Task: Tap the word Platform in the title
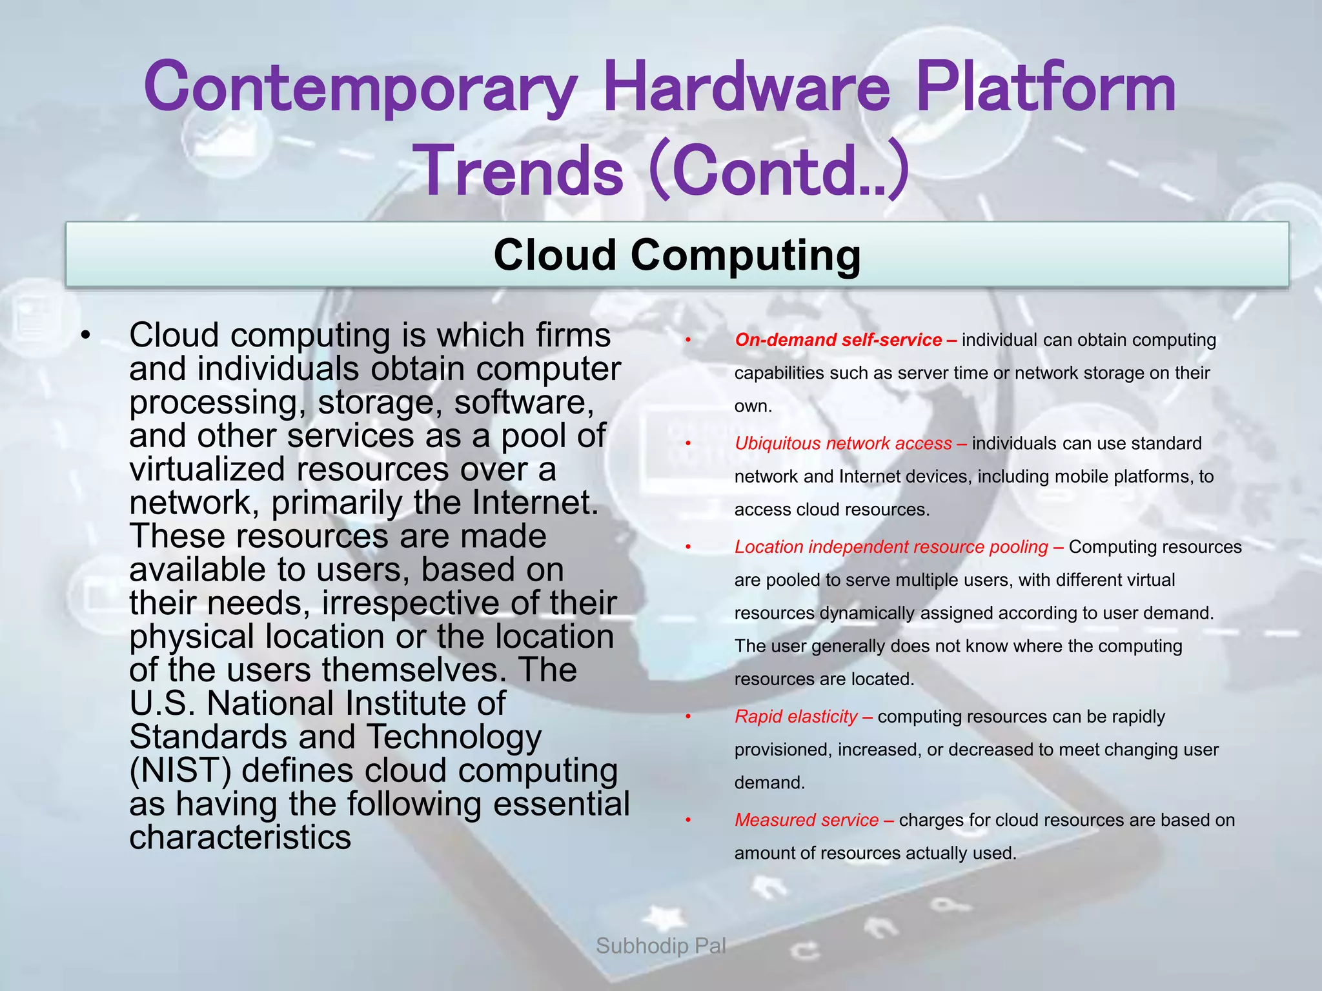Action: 1046,87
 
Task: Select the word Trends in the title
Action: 523,171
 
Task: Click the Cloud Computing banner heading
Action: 676,255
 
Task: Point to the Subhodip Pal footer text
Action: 660,946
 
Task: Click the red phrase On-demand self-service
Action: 838,340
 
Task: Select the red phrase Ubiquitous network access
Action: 843,443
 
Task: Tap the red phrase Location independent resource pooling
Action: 891,547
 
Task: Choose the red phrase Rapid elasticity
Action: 796,717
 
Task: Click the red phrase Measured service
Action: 806,820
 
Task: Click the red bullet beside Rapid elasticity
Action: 689,717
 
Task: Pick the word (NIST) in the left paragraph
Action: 180,771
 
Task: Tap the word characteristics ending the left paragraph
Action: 239,837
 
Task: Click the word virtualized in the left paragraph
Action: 207,469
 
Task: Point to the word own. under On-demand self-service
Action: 753,406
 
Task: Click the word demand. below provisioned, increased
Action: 769,783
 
